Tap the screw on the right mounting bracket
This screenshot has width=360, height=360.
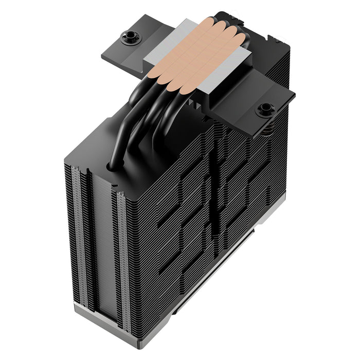[265, 109]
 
